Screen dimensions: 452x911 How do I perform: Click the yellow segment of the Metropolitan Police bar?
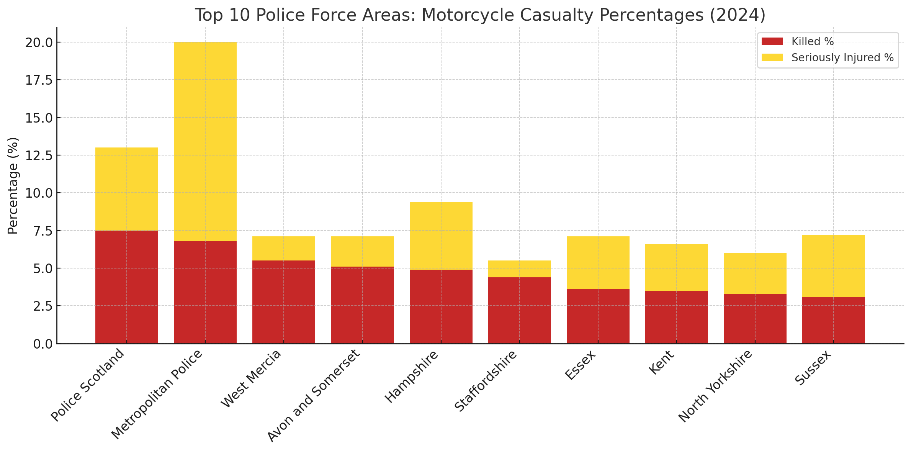click(205, 141)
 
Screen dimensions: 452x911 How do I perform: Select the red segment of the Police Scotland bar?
click(126, 287)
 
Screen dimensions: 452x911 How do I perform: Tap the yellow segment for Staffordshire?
click(519, 269)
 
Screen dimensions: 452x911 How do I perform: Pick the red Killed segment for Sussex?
click(833, 320)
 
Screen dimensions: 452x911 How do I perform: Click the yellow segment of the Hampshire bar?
click(441, 236)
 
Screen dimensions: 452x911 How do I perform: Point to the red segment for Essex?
click(598, 316)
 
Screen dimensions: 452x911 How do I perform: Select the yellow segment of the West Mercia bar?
click(283, 248)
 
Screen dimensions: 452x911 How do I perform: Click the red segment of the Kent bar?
click(676, 317)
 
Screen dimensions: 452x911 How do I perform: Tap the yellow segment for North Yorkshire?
click(755, 273)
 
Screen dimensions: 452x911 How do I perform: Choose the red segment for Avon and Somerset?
click(362, 305)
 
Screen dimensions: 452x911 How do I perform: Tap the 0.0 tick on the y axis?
click(43, 344)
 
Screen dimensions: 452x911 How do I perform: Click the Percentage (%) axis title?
click(13, 185)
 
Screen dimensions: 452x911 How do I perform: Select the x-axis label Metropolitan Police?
click(157, 395)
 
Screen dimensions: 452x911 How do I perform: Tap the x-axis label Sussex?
click(813, 368)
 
